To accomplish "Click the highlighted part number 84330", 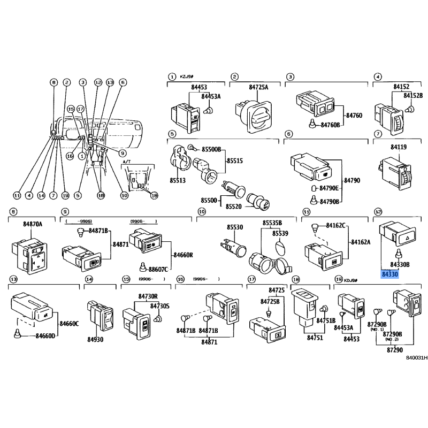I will [390, 274].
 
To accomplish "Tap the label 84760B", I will [331, 125].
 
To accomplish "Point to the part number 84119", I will [399, 147].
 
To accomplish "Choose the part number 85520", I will [234, 206].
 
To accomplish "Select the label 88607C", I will [158, 269].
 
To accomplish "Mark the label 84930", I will [95, 339].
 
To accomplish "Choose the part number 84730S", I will [159, 305].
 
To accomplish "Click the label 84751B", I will [325, 320].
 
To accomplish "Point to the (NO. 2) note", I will [392, 339].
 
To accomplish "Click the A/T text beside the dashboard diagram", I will [126, 160].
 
